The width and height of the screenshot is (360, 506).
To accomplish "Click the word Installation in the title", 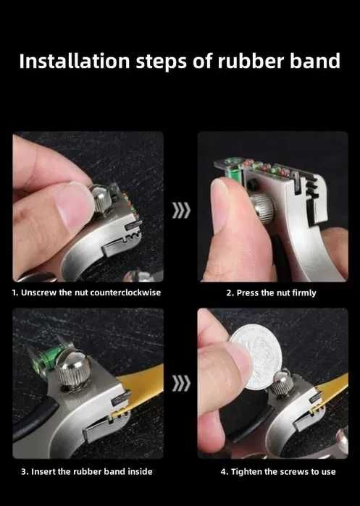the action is coord(75,61).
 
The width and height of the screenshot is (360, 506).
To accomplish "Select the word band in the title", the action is coord(315,61).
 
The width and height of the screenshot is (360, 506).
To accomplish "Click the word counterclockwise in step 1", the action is coord(125,292).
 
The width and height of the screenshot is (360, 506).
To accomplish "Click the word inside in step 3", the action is coord(140,471).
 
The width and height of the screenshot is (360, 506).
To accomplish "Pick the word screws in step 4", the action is coord(294,472).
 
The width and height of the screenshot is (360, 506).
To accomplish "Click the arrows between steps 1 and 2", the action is coord(181,211).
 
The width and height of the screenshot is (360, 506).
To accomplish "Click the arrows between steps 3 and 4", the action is coord(181,384).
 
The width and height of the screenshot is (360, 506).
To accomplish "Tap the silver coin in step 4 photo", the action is coord(256,356).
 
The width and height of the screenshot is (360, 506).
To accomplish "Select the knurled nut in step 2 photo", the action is coord(262,208).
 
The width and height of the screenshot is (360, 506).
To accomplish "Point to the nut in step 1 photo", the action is coord(101,199).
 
